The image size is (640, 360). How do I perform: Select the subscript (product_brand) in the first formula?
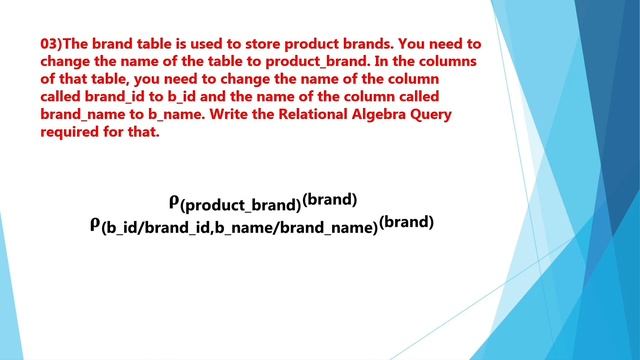(x=240, y=205)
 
